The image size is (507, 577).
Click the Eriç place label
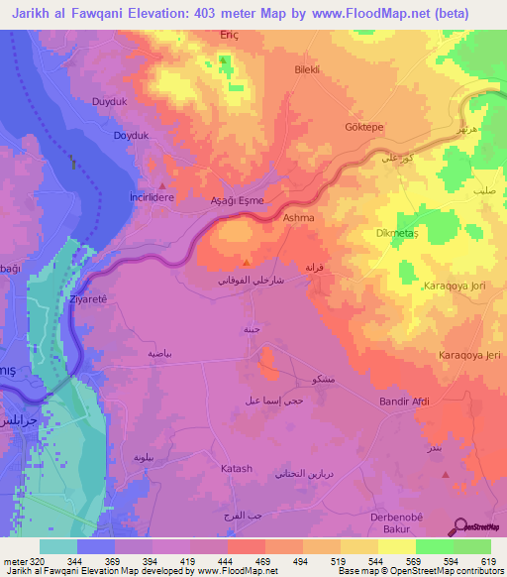[230, 33]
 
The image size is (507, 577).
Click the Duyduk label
[109, 102]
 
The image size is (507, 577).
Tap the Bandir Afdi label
[404, 402]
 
